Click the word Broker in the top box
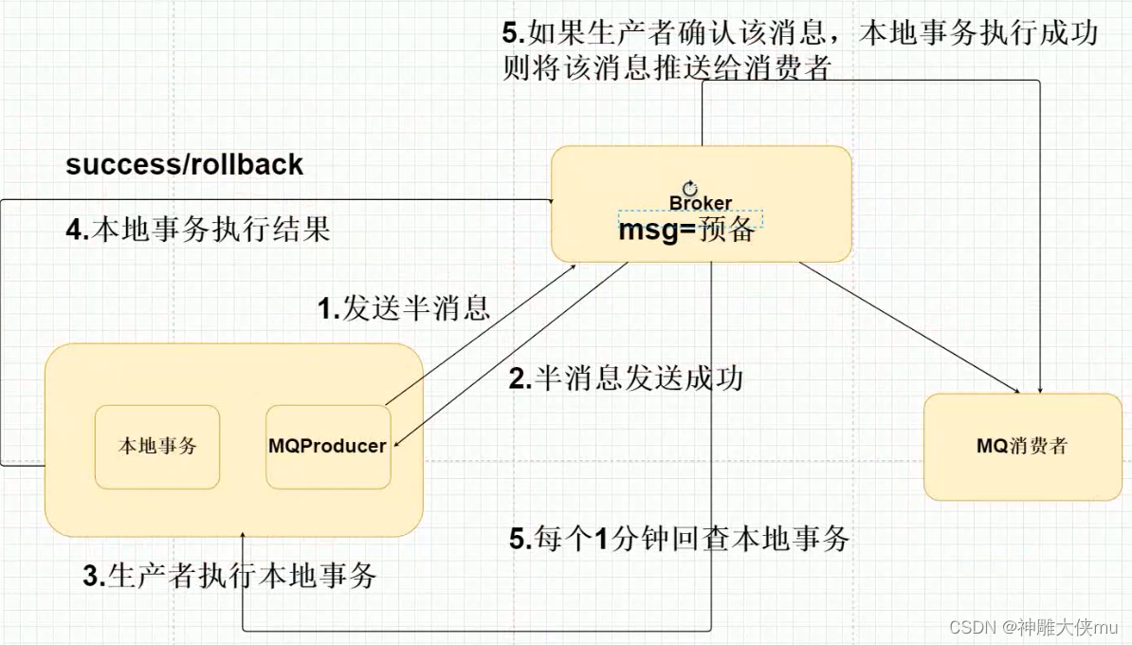click(701, 203)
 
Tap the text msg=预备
click(686, 230)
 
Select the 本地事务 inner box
click(156, 446)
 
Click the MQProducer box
click(327, 446)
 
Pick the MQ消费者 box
click(1022, 446)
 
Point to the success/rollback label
click(184, 164)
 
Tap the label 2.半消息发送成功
click(626, 378)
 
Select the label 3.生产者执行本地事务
click(229, 575)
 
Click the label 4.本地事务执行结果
click(198, 230)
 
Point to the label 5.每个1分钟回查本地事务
click(679, 539)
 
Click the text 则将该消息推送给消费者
click(666, 68)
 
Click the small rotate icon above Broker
click(689, 189)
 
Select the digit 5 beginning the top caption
click(511, 34)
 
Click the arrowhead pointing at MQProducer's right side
click(396, 442)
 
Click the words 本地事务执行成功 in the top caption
click(977, 34)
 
